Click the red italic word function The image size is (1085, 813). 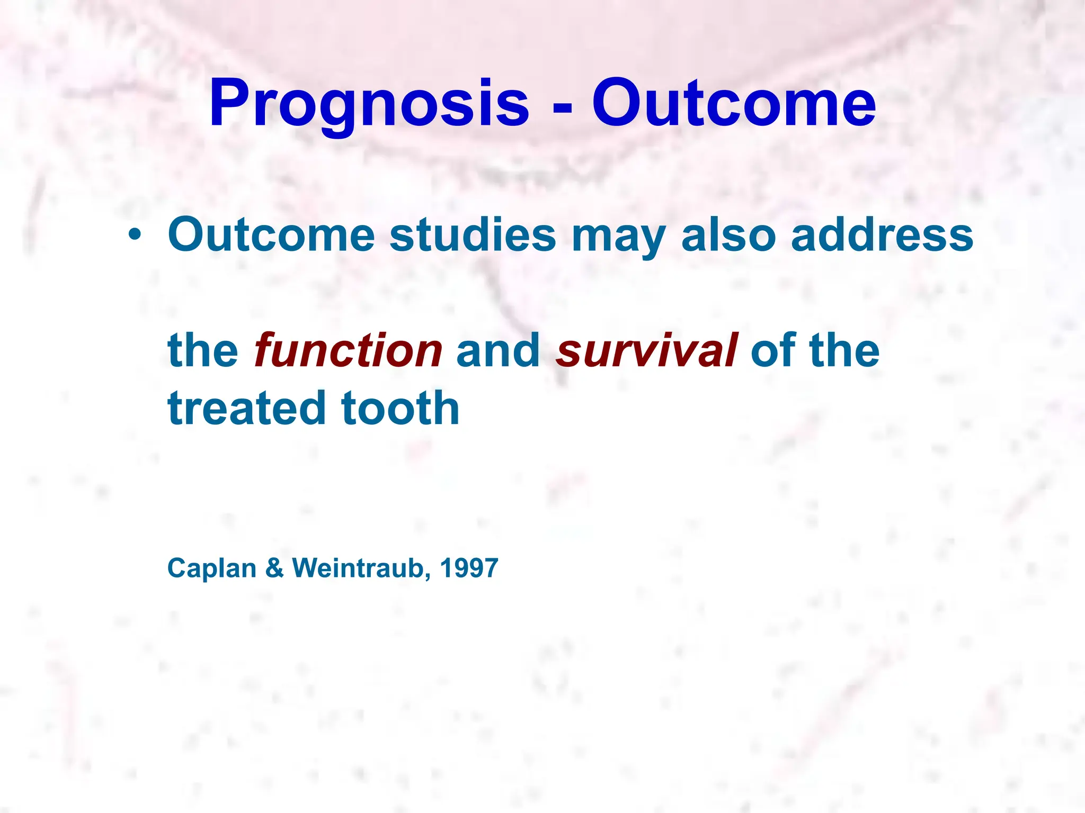coord(348,350)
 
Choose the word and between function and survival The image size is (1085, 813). coord(498,350)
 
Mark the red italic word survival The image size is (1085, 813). coord(646,350)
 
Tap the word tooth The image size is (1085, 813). coord(401,408)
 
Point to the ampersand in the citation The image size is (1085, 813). coord(274,568)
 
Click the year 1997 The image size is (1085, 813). coord(469,568)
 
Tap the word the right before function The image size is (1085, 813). coord(203,350)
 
